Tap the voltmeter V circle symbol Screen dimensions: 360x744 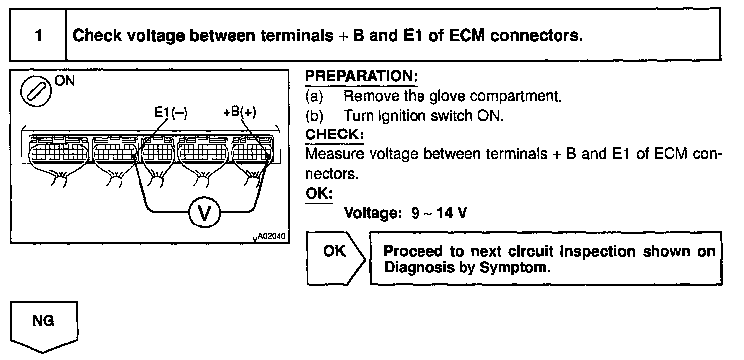click(x=203, y=213)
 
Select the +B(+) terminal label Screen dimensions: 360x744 click(x=239, y=111)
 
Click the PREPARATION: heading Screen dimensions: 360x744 click(x=362, y=77)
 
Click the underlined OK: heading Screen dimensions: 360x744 click(x=319, y=193)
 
